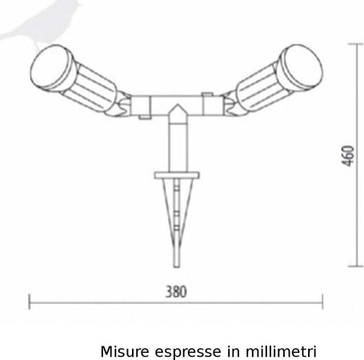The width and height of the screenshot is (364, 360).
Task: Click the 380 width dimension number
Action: coord(176,292)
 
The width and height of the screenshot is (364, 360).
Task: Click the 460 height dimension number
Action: coord(349,156)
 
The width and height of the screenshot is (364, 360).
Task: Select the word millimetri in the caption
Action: coord(281,352)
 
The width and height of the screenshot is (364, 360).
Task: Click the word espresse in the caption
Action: coord(188,353)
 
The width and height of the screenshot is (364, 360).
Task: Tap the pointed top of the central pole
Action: coord(178,105)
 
